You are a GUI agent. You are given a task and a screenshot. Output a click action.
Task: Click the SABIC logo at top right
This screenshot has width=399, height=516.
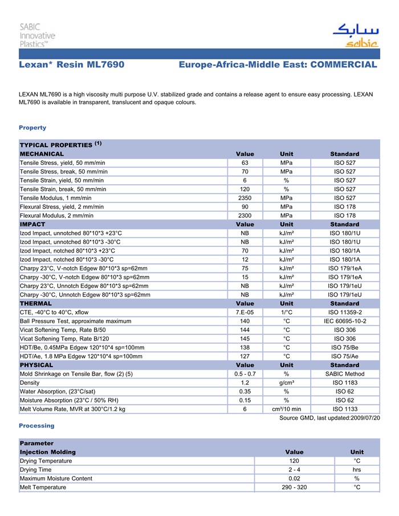tap(355, 36)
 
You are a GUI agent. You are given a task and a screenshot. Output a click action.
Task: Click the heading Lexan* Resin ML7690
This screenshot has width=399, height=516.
tap(71, 65)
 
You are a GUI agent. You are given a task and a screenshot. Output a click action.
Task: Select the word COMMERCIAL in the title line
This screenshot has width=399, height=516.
tap(344, 65)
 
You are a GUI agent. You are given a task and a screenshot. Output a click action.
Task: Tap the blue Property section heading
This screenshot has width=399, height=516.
tap(32, 128)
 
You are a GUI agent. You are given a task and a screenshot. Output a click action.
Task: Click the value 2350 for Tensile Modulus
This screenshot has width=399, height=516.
tap(245, 198)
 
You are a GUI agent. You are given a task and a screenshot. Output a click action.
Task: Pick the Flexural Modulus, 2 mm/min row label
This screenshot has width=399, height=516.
tap(56, 216)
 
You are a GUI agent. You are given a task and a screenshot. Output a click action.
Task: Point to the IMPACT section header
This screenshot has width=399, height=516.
tap(32, 225)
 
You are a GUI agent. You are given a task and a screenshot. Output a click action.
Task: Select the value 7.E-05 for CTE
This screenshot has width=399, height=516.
tap(245, 312)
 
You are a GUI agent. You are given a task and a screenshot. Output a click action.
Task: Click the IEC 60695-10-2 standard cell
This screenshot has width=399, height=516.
tap(344, 321)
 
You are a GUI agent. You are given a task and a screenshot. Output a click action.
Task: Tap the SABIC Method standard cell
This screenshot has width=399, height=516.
tap(344, 374)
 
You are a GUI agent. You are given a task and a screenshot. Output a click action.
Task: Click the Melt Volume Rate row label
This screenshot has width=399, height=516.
tap(72, 409)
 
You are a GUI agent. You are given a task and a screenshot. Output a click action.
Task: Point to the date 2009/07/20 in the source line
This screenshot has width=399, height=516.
tap(363, 418)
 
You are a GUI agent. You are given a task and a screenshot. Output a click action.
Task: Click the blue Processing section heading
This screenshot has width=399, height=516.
tap(36, 426)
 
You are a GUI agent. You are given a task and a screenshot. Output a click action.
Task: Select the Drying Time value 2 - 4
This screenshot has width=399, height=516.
tap(294, 470)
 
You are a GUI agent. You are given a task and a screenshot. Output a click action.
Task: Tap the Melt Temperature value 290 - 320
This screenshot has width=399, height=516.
tap(294, 487)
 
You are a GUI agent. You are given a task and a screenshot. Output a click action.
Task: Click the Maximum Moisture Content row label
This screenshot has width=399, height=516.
tap(56, 478)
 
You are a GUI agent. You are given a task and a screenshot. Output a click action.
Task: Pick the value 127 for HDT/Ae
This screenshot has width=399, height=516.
tap(245, 356)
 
